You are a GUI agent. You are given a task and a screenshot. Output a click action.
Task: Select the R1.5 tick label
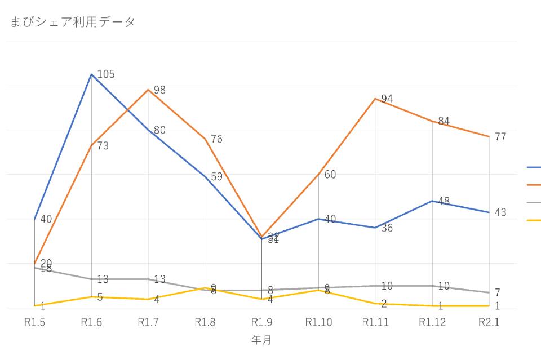[35, 322]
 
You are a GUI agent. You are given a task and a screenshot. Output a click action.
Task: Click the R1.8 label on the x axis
[205, 322]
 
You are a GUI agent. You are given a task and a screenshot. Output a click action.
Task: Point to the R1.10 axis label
[318, 322]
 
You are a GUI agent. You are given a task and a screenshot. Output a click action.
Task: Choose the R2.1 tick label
[489, 322]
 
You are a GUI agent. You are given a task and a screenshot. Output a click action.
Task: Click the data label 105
[106, 74]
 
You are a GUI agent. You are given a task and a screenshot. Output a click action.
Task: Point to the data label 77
[500, 136]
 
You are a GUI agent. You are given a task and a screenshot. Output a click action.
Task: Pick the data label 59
[216, 176]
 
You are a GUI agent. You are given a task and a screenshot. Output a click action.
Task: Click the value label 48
[443, 201]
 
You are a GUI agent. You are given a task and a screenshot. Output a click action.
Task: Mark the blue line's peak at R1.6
[91, 74]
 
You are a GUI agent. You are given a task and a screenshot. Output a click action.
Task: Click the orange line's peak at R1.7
[148, 90]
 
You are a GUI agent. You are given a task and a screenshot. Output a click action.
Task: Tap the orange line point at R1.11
[375, 99]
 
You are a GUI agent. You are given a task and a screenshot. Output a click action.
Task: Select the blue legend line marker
[534, 167]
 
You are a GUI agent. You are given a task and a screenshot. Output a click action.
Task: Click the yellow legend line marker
[534, 220]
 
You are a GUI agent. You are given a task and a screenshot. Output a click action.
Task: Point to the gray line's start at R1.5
[35, 268]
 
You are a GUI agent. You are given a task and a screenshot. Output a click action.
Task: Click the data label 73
[103, 146]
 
